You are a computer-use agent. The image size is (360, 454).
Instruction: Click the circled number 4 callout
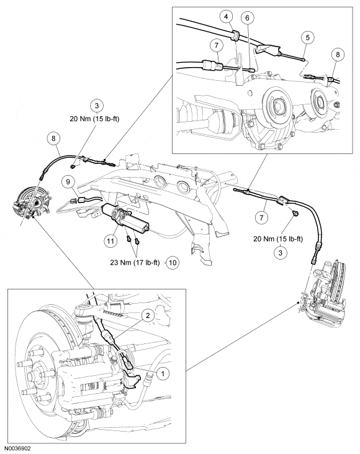pyautogui.click(x=227, y=17)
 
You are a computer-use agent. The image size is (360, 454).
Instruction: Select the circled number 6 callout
pyautogui.click(x=247, y=18)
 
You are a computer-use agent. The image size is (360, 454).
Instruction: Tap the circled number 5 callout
pyautogui.click(x=307, y=37)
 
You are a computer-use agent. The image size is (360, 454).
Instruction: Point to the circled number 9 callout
pyautogui.click(x=68, y=182)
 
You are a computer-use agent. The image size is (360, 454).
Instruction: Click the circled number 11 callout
pyautogui.click(x=110, y=240)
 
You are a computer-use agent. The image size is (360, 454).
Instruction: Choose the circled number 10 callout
pyautogui.click(x=173, y=263)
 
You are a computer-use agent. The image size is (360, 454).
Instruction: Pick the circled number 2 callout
pyautogui.click(x=148, y=316)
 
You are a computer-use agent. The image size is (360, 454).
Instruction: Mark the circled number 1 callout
pyautogui.click(x=163, y=373)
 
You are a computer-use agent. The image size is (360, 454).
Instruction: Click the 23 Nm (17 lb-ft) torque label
pyautogui.click(x=135, y=263)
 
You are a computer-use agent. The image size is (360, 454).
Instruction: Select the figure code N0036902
pyautogui.click(x=17, y=448)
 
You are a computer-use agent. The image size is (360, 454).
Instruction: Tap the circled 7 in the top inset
pyautogui.click(x=217, y=45)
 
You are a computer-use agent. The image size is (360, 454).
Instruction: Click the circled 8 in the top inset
pyautogui.click(x=338, y=54)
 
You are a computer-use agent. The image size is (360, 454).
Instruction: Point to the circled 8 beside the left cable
pyautogui.click(x=53, y=138)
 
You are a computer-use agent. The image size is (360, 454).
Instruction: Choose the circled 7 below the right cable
pyautogui.click(x=261, y=217)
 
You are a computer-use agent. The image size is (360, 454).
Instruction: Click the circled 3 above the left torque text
pyautogui.click(x=97, y=106)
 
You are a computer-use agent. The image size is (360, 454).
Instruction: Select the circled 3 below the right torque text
pyautogui.click(x=280, y=253)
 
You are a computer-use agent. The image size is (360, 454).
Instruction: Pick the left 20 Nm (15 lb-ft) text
pyautogui.click(x=94, y=119)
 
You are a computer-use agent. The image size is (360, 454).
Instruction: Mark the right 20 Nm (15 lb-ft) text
pyautogui.click(x=278, y=239)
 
